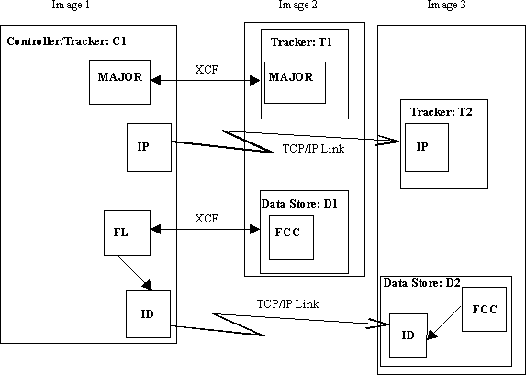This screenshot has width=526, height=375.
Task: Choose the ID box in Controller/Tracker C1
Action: coord(149,314)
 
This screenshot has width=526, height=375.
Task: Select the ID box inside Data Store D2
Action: coord(408,336)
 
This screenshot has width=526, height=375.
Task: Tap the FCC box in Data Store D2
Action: coord(483,310)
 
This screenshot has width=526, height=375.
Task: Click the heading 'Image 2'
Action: coord(297,6)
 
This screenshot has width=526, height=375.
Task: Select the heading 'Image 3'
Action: coord(447,6)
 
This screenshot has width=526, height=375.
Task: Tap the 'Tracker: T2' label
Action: coord(442,111)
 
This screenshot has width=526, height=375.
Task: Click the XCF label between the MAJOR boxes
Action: coord(207,69)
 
